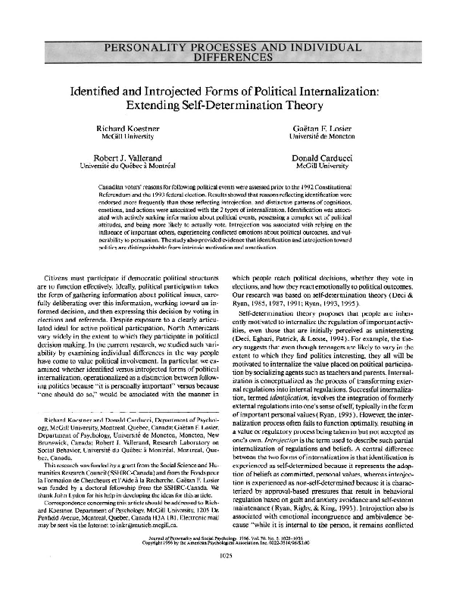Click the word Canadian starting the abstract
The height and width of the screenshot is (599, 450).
coord(113,184)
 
